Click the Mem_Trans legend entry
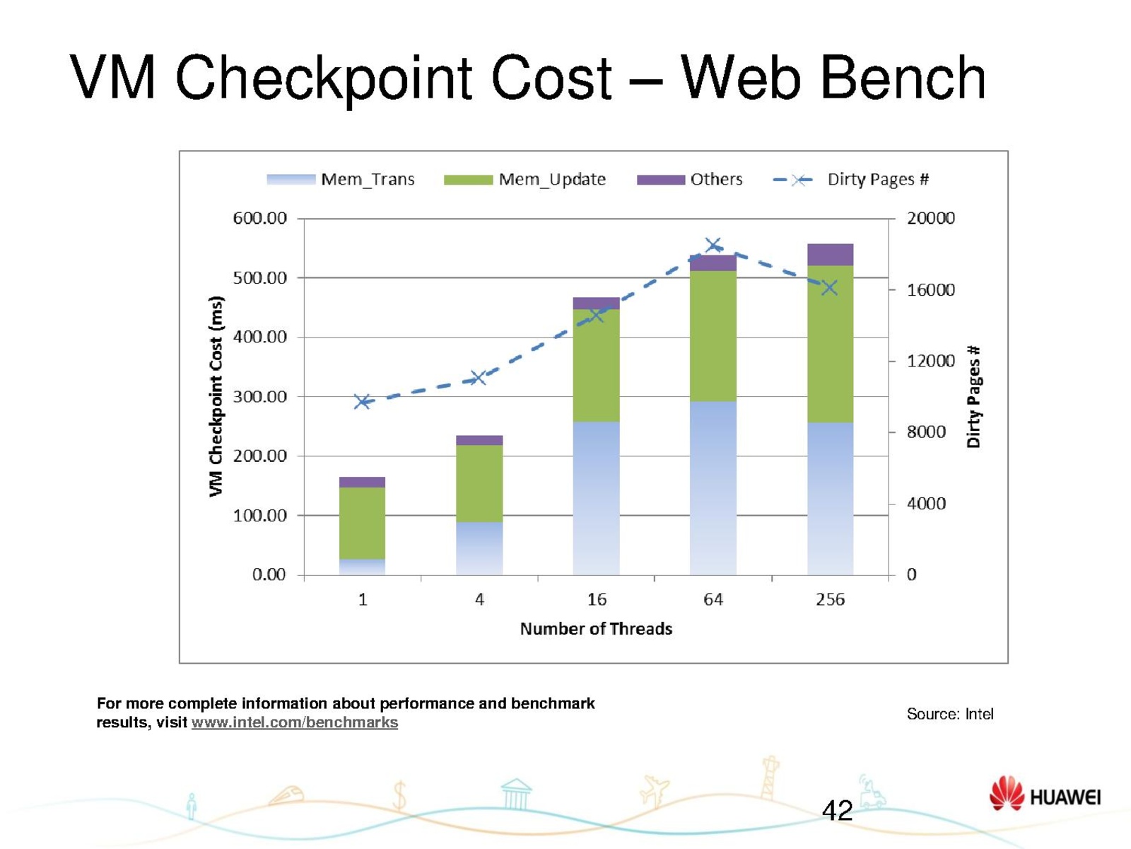point(341,180)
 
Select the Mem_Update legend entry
point(525,180)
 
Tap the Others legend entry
point(689,180)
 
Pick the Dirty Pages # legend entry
point(851,180)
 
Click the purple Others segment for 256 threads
point(830,255)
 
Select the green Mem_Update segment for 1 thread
point(362,523)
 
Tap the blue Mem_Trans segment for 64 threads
point(713,488)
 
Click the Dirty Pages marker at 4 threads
point(479,378)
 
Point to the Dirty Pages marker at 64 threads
point(713,246)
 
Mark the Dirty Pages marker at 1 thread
point(362,402)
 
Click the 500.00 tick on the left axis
point(260,278)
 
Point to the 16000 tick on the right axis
point(930,290)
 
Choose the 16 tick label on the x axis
point(597,600)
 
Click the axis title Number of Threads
point(596,629)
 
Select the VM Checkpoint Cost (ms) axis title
point(216,396)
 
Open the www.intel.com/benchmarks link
point(294,723)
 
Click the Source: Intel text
point(949,715)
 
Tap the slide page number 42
point(837,811)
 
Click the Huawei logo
point(1045,795)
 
